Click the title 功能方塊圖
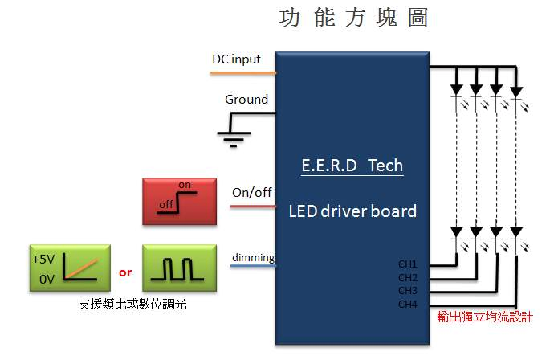click(352, 18)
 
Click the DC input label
click(236, 59)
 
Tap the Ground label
click(246, 100)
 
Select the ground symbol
click(234, 137)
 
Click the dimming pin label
click(253, 257)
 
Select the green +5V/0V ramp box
click(67, 268)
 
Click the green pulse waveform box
click(179, 268)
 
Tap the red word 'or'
click(125, 272)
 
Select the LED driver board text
click(352, 211)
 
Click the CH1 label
click(408, 264)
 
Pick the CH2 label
click(408, 277)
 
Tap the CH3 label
click(408, 290)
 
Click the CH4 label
click(408, 304)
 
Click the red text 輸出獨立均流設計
click(484, 317)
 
